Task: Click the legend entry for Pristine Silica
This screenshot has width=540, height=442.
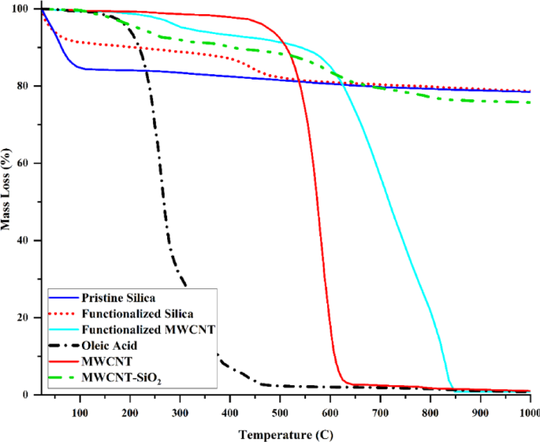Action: tap(118, 299)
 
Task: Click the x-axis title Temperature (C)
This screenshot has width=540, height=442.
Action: tap(284, 433)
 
